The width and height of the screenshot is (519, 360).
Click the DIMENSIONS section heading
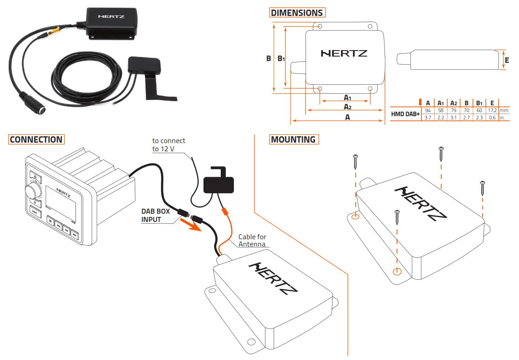pos(296,13)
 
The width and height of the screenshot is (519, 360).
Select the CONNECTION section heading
pos(36,139)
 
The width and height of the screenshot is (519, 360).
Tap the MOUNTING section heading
pos(293,139)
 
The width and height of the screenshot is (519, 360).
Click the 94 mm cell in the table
pos(428,111)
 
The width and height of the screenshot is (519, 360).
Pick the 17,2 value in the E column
pos(492,111)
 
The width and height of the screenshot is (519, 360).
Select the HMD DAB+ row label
pos(405,114)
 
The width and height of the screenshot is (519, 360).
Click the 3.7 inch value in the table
pos(428,118)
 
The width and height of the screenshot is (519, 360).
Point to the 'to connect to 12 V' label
pos(169,145)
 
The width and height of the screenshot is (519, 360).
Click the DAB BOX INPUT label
pos(156,216)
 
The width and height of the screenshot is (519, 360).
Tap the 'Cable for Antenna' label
pos(252,240)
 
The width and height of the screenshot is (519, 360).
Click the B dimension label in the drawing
pos(269,58)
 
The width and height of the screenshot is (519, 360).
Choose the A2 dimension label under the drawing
pos(347,107)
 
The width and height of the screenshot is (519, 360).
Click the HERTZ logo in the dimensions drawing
pos(344,53)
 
